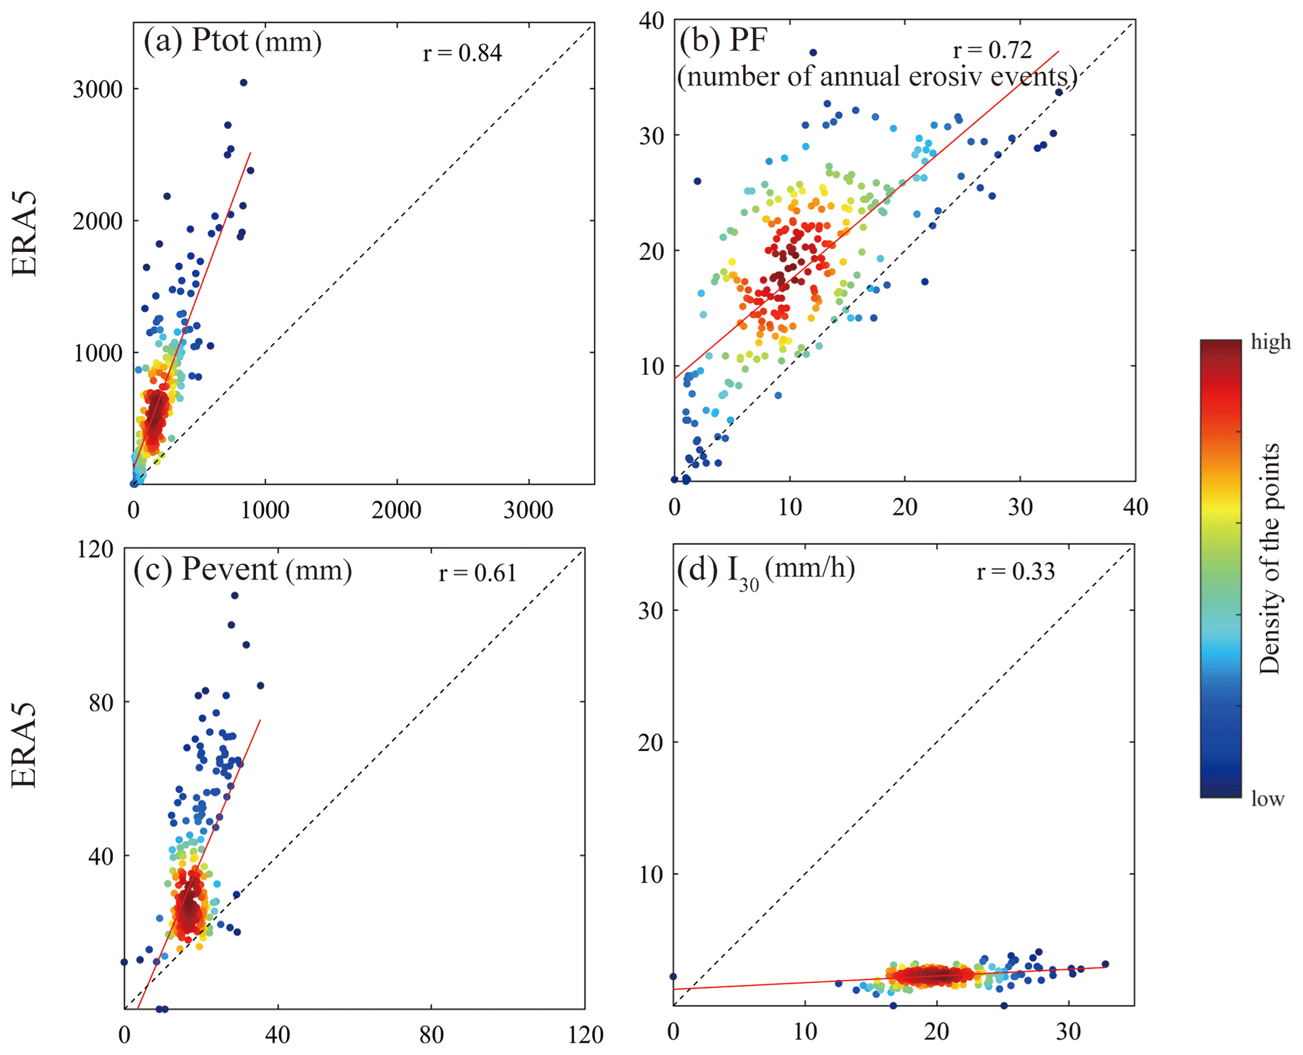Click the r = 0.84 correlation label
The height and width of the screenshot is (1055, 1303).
pos(462,53)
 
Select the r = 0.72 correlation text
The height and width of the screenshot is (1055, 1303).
pos(992,50)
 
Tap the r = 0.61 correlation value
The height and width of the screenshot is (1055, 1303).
pos(478,573)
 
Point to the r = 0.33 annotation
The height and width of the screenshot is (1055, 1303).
pos(1016,571)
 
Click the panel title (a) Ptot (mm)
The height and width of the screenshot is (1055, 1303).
pos(233,41)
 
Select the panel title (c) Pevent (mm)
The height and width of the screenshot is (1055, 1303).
pos(243,569)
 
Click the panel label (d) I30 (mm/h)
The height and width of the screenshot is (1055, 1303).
pos(765,571)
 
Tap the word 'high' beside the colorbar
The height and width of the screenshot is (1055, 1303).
pos(1270,342)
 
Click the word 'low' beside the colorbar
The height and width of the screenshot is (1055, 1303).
pos(1267,799)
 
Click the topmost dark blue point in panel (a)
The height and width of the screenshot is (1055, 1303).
pos(243,83)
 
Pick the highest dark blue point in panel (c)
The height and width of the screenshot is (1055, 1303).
pos(235,595)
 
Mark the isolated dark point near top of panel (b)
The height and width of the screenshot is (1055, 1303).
pos(813,52)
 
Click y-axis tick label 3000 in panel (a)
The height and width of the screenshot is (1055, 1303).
pos(97,90)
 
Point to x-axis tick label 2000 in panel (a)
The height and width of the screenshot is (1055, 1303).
pos(396,510)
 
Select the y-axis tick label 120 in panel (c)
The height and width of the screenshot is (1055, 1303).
pos(95,549)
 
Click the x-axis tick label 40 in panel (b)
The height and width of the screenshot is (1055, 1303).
pos(1135,507)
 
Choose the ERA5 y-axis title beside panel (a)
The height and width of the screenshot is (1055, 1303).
pos(25,234)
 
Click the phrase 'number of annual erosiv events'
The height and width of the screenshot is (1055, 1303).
pos(876,77)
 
